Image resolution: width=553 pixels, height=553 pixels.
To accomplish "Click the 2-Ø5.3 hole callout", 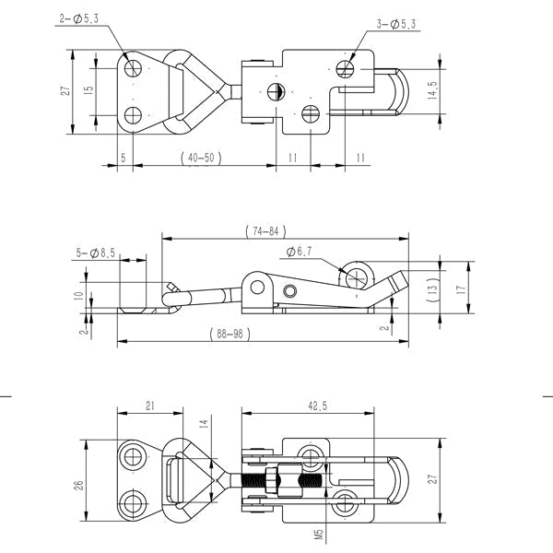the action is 78,18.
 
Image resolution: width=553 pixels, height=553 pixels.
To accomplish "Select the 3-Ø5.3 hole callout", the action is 396,24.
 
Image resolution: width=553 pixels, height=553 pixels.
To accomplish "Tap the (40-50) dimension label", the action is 201,158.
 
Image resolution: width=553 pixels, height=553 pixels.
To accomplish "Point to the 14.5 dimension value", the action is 432,90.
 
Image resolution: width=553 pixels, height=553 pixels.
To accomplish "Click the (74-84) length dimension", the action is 265,231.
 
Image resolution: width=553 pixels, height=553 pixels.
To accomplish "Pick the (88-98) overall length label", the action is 229,334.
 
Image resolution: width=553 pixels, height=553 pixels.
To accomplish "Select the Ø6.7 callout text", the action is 299,252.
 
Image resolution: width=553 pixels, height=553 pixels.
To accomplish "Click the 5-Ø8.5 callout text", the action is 96,253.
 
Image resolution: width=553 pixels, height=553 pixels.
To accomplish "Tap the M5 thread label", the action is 319,534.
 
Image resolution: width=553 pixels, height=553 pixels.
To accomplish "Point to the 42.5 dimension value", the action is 317,406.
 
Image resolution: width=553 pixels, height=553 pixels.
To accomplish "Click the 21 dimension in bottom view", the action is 150,406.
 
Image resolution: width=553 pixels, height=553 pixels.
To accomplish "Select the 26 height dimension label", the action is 79,486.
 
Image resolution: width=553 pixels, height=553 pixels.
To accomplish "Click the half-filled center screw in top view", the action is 275,91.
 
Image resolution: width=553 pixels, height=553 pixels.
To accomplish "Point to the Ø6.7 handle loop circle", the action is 357,278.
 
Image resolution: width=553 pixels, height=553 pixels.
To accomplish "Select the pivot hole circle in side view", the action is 257,287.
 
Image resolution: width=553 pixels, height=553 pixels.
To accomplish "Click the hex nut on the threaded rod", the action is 272,479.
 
